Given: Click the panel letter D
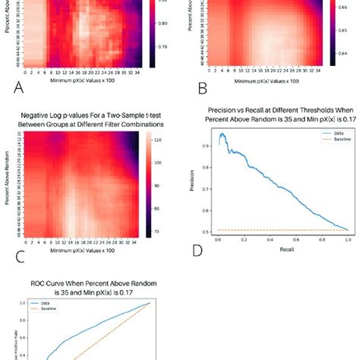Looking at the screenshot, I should pos(199,250).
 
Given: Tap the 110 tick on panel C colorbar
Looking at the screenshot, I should pos(171,141).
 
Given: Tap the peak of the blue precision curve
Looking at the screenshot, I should pos(223,134).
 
